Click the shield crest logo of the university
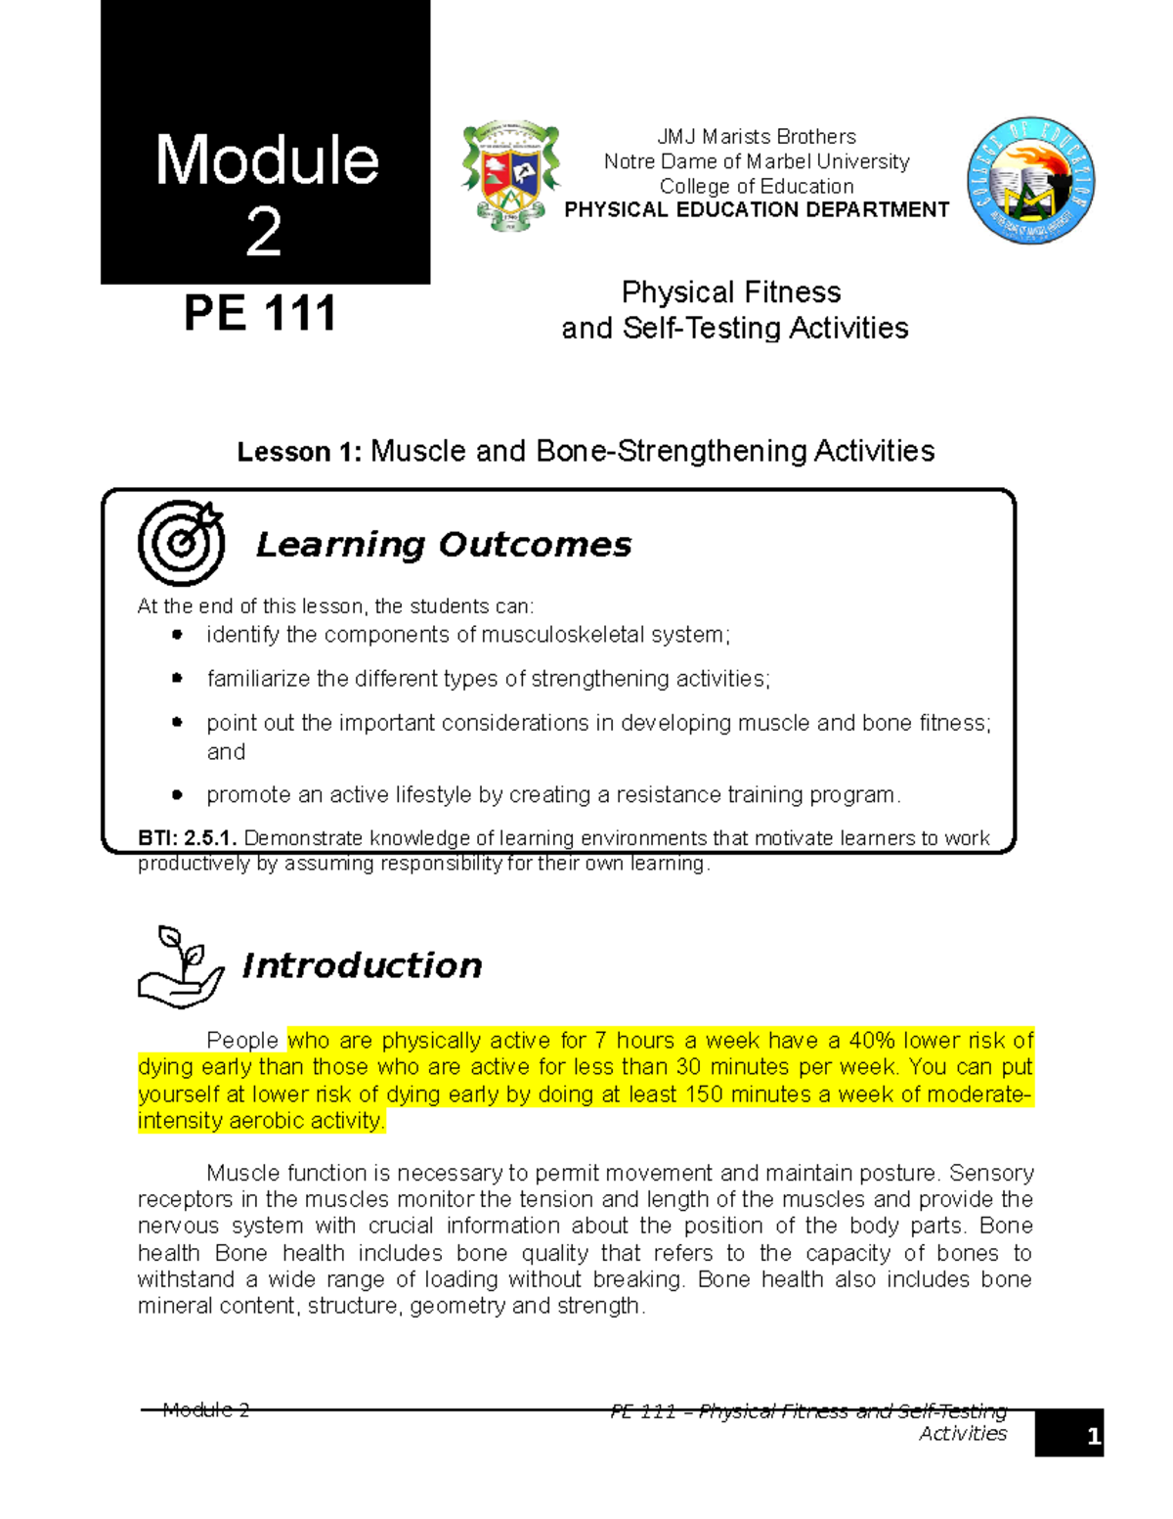tap(510, 176)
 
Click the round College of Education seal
tap(1030, 181)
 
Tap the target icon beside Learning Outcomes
tap(181, 543)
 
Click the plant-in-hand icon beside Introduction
tap(181, 966)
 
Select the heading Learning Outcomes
tap(443, 545)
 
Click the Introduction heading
tap(362, 965)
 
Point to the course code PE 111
tap(260, 314)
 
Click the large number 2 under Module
tap(264, 233)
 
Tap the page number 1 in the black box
tap(1093, 1436)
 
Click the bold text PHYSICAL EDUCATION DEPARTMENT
tap(757, 209)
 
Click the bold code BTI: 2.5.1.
tap(187, 838)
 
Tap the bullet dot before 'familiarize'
tap(177, 678)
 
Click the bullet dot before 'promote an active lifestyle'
tap(177, 795)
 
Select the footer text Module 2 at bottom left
tap(206, 1409)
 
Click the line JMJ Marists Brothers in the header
tap(756, 137)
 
